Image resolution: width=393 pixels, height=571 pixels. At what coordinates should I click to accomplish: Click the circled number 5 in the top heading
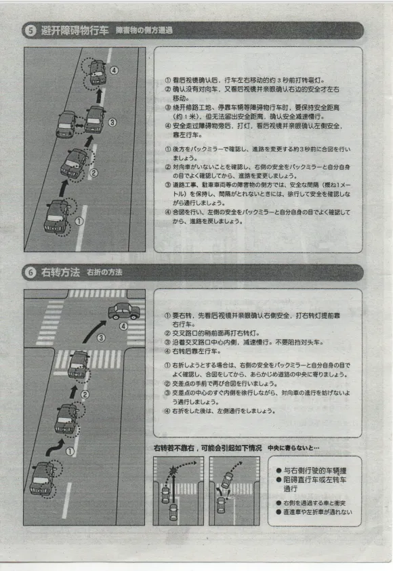[32, 31]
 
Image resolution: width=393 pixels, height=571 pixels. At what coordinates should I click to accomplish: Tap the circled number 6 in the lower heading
[32, 273]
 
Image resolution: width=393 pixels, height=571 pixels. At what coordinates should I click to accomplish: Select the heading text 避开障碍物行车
[75, 31]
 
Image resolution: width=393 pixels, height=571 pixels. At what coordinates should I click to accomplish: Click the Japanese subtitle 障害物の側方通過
[144, 31]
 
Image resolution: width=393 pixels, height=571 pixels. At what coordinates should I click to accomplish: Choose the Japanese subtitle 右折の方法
[105, 273]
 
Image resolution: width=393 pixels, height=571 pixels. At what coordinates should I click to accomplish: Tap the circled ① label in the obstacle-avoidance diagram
[80, 221]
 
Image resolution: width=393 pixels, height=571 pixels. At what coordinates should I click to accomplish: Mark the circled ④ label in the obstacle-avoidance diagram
[114, 71]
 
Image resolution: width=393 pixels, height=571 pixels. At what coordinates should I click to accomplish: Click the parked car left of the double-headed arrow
[66, 125]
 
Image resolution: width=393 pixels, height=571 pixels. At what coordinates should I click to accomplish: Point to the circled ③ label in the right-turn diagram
[100, 337]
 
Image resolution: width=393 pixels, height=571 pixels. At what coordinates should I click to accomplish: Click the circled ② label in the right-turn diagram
[85, 394]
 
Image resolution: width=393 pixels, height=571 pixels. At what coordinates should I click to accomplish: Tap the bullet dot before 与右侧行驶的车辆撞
[279, 471]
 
